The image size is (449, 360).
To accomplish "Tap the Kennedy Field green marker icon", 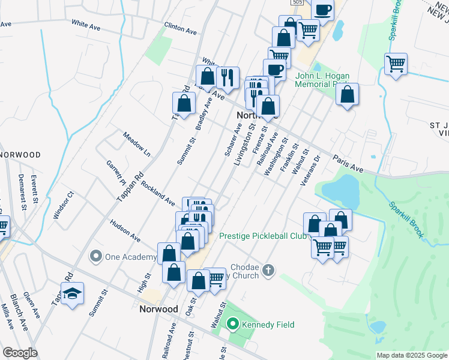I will click(x=234, y=325).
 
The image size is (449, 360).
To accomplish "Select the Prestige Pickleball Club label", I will click(x=262, y=236).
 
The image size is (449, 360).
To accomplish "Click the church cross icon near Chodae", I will click(x=268, y=271).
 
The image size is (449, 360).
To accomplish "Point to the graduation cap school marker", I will click(x=72, y=294).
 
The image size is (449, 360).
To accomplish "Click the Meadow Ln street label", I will click(x=136, y=145).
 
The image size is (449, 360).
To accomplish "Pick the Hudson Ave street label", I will click(x=125, y=231).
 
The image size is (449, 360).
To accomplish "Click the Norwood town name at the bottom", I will click(x=158, y=309).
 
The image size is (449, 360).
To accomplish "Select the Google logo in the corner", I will click(x=20, y=353).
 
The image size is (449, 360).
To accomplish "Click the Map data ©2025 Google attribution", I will click(x=412, y=355).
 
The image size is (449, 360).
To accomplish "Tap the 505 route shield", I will click(x=299, y=3).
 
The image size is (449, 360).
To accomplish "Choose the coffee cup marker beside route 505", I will click(x=322, y=10).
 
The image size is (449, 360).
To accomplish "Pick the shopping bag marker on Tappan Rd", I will click(x=184, y=103).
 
